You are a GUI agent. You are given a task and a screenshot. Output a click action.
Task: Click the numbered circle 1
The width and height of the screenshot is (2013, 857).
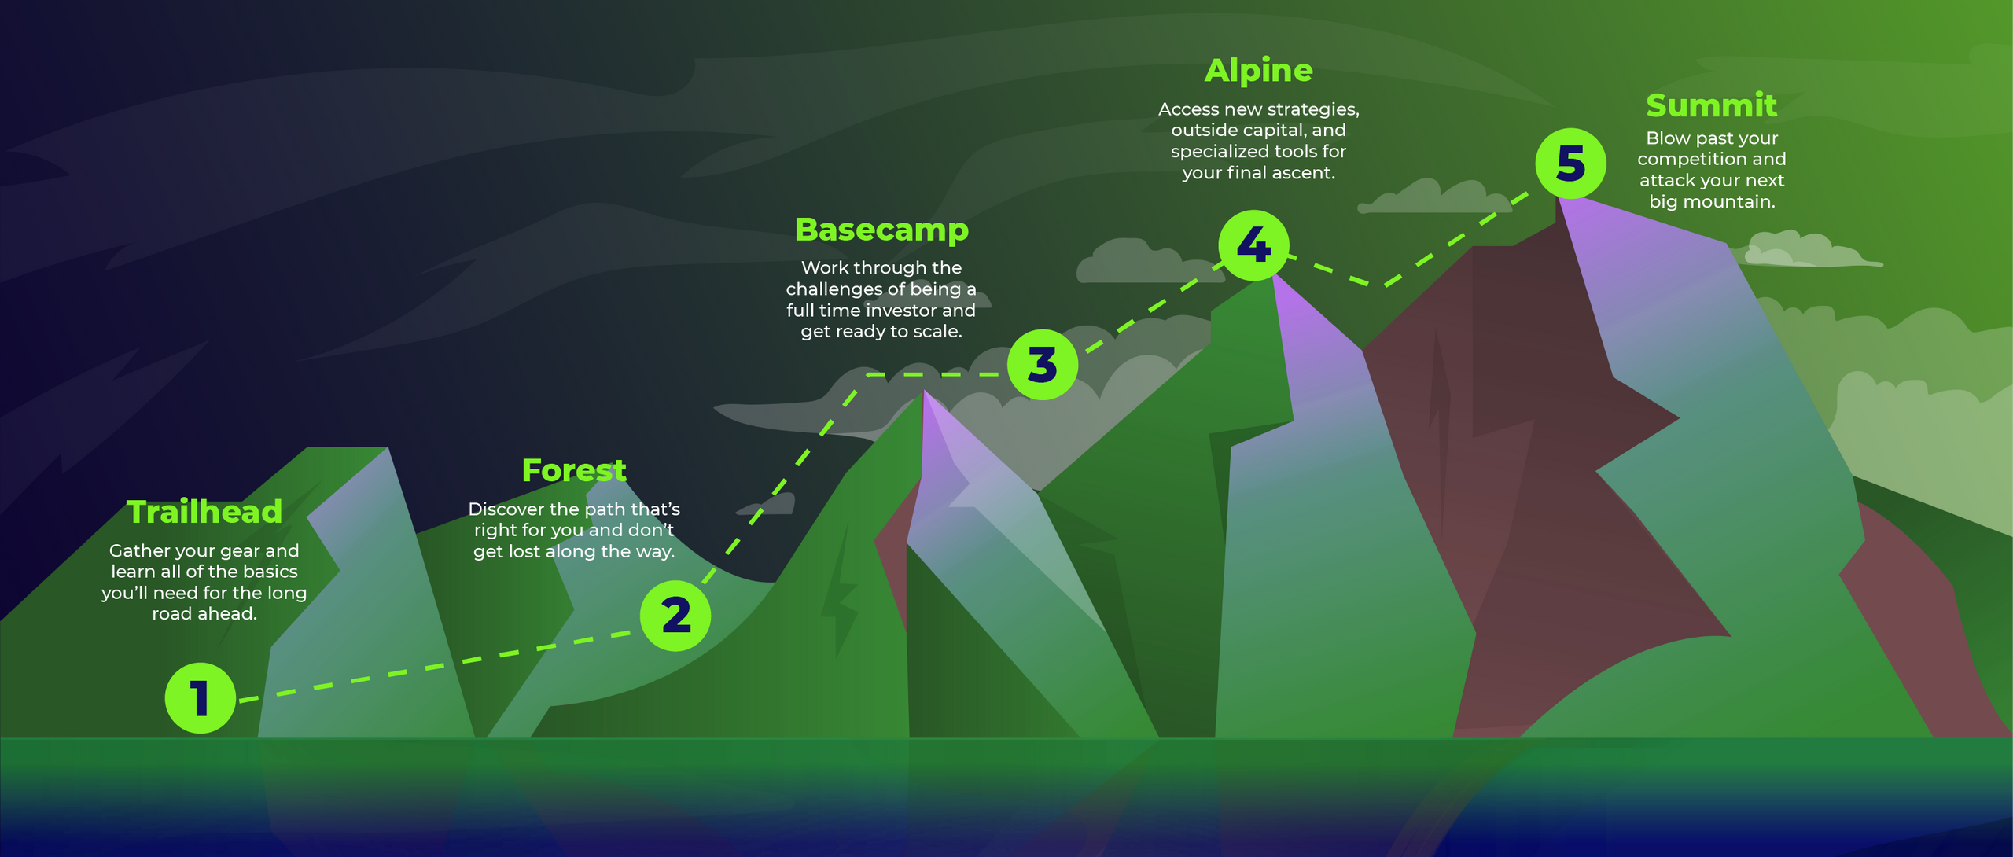[x=201, y=698]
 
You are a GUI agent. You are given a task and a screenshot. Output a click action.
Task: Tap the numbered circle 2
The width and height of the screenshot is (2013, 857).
[x=675, y=616]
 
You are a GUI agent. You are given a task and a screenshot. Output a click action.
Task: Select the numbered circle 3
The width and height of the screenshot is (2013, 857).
[x=1043, y=365]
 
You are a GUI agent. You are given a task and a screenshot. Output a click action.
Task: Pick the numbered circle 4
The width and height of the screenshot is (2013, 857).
[x=1253, y=245]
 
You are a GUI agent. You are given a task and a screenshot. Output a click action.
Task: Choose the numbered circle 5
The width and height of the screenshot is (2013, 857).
[x=1570, y=164]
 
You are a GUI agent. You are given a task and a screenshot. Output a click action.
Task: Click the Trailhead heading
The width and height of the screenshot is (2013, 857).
[x=204, y=512]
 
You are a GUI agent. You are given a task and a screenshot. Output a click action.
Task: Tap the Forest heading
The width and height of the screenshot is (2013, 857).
[x=574, y=470]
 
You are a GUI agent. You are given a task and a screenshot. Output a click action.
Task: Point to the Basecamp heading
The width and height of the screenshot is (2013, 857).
[x=881, y=230]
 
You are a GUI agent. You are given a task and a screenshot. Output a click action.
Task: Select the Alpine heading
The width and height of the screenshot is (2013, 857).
[x=1258, y=71]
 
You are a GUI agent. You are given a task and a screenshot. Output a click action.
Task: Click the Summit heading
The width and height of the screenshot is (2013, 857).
[x=1711, y=105]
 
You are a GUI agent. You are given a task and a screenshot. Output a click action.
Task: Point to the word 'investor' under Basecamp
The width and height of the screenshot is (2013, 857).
[x=902, y=311]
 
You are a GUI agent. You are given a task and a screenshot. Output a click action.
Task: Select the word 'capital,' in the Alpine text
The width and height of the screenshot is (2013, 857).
[x=1270, y=131]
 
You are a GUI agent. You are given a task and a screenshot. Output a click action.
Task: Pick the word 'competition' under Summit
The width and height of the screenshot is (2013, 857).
[x=1683, y=160]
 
